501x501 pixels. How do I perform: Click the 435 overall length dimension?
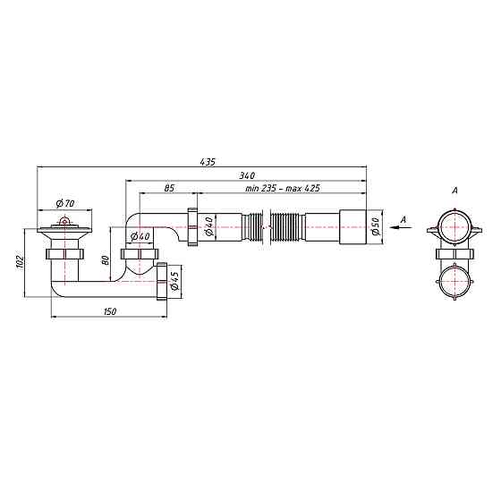tap(208, 162)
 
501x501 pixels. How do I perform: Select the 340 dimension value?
tap(247, 175)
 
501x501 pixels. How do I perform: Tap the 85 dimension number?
tap(169, 188)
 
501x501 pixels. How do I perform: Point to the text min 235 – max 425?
tap(283, 188)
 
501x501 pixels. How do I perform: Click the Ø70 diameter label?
tap(64, 203)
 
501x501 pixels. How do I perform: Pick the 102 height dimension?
tap(20, 262)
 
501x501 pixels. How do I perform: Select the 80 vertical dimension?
tap(106, 260)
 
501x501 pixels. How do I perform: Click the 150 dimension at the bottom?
tap(110, 311)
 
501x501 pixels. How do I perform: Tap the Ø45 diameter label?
tap(174, 281)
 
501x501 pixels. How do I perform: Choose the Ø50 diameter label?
tap(376, 226)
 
